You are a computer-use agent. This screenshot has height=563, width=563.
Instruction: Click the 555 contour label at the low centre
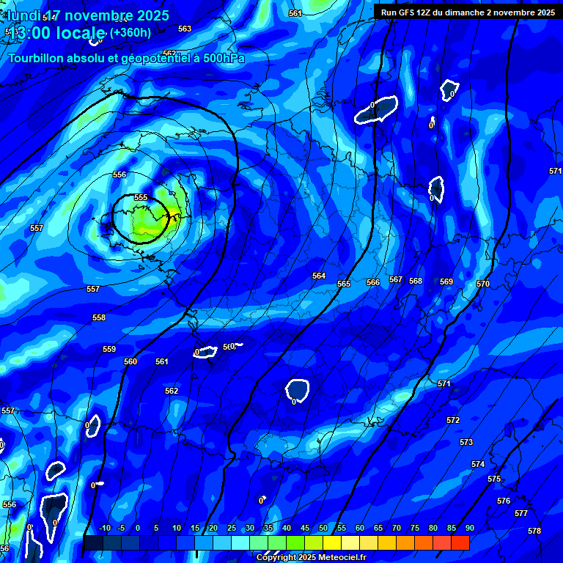click(141, 197)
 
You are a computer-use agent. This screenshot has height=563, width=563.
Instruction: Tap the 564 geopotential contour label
click(319, 276)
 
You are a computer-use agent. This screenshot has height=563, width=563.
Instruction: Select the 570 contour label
click(482, 284)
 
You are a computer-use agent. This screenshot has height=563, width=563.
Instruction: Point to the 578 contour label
click(534, 531)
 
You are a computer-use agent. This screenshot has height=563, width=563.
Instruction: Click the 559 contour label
click(109, 349)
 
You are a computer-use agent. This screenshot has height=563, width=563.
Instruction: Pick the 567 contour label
click(396, 279)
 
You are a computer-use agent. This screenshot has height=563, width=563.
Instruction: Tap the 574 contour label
click(478, 464)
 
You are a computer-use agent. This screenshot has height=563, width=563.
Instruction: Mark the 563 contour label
click(185, 29)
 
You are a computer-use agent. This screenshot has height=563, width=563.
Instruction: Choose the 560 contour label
click(130, 361)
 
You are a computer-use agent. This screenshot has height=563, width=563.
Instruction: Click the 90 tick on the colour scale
click(469, 528)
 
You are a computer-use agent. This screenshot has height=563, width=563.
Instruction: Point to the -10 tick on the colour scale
click(104, 528)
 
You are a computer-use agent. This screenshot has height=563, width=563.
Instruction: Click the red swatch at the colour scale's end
click(460, 542)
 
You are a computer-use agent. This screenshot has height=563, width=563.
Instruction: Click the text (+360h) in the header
click(130, 33)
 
